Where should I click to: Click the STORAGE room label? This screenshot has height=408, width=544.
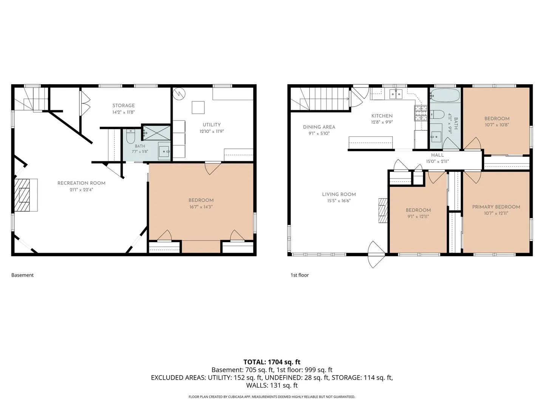point(124,105)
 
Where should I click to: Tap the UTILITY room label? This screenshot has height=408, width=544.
point(212,125)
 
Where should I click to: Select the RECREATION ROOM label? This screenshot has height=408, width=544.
point(81,183)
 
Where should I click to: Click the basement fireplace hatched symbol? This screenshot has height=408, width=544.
point(22,195)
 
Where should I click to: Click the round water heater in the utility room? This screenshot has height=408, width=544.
point(179,94)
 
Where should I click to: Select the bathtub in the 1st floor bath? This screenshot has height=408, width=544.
point(445,95)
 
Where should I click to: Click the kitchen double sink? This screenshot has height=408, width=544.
point(396,94)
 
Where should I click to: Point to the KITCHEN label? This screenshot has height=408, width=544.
point(382,116)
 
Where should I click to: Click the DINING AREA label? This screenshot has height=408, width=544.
point(319,127)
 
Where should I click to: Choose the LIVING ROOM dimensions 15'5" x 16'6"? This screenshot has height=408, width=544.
point(339,201)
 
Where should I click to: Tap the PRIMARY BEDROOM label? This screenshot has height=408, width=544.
point(496,207)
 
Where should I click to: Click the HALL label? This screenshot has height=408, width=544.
point(437,155)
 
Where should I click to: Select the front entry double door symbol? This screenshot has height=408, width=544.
point(376,254)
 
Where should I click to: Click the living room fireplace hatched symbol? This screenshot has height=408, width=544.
point(383,210)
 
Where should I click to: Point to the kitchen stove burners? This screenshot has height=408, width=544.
point(421,113)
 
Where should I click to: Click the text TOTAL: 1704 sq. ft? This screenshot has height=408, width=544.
point(272,362)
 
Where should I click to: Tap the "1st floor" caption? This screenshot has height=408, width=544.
point(300,275)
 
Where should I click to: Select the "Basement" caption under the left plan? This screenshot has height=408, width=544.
point(22,275)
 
